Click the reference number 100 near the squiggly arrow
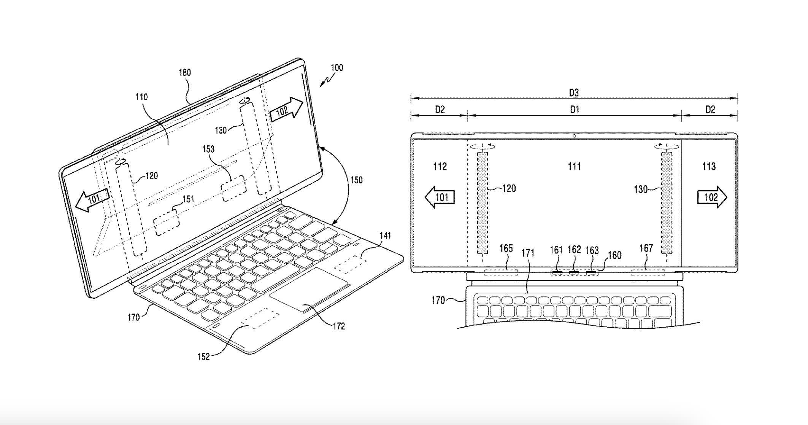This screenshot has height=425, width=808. (337, 68)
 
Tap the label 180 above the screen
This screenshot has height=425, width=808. (185, 73)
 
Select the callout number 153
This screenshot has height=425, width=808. (208, 149)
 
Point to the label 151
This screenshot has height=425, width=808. (188, 199)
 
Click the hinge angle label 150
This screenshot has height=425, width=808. (356, 180)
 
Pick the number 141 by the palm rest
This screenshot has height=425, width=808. (385, 236)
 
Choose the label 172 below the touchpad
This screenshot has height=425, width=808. (338, 326)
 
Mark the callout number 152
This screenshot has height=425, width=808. (203, 357)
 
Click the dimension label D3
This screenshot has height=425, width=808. (574, 92)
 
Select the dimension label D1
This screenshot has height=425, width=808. (574, 110)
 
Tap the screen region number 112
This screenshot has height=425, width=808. (440, 166)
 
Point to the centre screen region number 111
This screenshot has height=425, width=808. (574, 166)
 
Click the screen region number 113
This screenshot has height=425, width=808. (709, 166)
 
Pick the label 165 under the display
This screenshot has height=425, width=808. (506, 248)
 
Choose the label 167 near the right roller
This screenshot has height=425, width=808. (646, 248)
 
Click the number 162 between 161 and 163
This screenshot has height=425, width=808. (574, 250)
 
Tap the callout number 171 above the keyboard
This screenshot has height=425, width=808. (528, 253)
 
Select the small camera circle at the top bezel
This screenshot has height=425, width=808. (574, 136)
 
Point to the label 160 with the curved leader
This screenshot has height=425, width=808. (615, 255)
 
